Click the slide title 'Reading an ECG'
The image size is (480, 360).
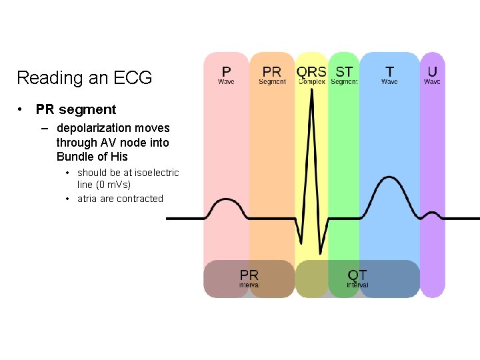(x=84, y=78)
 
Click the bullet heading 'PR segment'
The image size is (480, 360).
(x=76, y=109)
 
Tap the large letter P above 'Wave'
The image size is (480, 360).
(x=226, y=71)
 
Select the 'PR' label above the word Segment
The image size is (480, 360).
(x=271, y=71)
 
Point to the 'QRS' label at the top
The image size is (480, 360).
(x=311, y=71)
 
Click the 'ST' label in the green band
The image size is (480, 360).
(x=344, y=71)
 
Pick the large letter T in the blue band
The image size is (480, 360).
(x=389, y=71)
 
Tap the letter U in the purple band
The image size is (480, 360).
(x=433, y=71)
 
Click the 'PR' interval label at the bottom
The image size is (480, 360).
(x=249, y=275)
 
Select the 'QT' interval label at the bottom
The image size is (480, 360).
(x=357, y=275)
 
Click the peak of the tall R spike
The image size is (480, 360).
(x=311, y=107)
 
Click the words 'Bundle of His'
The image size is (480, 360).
(x=92, y=157)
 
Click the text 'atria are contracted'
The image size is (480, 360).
(x=120, y=199)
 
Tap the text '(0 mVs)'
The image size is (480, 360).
(x=113, y=185)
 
